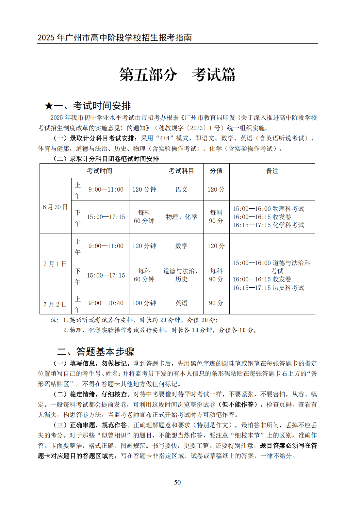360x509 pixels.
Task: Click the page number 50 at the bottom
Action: coord(177,482)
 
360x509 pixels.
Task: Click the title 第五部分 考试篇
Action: coord(177,75)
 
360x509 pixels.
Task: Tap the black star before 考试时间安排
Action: coord(49,106)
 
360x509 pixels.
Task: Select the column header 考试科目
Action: coord(181,171)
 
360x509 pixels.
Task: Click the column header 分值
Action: coord(216,171)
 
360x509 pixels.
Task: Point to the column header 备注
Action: coord(272,171)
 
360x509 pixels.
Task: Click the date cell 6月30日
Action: coord(55,207)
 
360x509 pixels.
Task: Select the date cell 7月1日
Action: coord(55,264)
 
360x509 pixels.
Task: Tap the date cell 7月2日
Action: coord(55,304)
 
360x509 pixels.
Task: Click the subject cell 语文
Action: coord(181,189)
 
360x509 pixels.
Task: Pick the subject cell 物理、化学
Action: coord(181,217)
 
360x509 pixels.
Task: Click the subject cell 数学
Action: coord(181,246)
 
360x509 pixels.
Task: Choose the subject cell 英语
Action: coord(181,303)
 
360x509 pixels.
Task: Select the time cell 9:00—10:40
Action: coord(106,303)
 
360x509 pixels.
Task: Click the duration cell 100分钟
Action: coord(144,303)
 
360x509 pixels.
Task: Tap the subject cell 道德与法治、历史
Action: coord(181,275)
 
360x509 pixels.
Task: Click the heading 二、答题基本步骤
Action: coord(96,351)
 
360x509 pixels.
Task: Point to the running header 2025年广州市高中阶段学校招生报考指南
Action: coord(115,38)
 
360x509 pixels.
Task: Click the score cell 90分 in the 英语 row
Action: coord(216,303)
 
